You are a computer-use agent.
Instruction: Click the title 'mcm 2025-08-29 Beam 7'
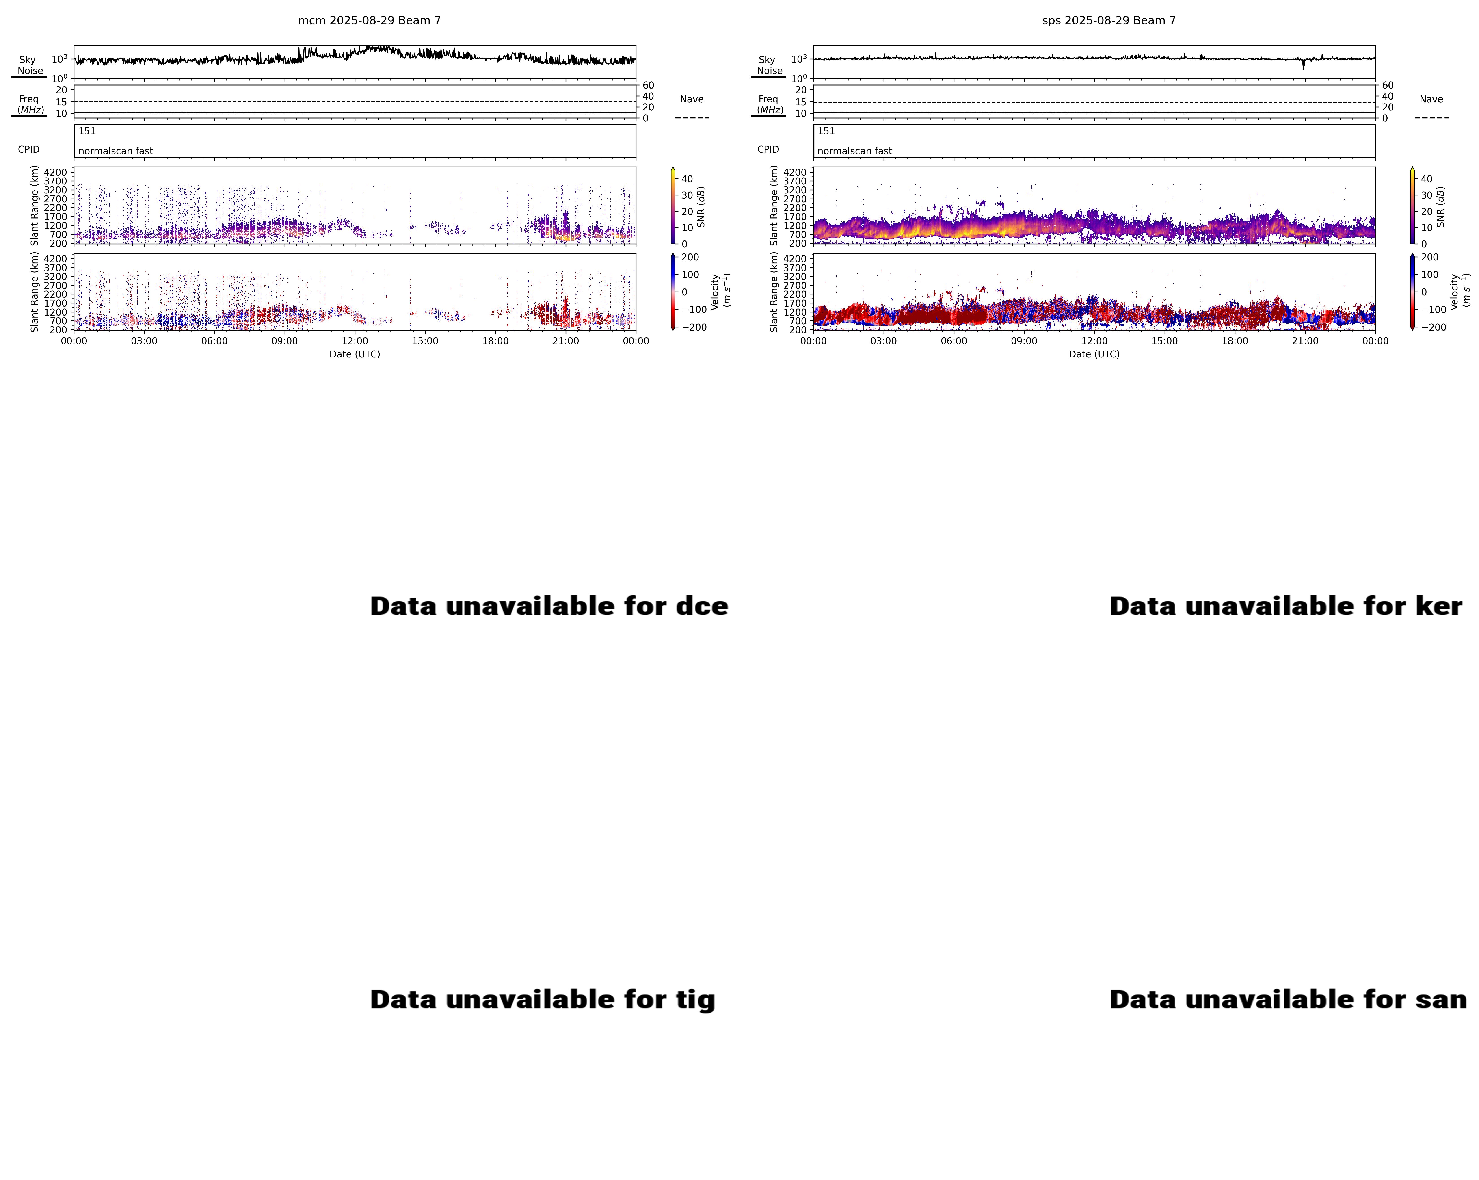click(369, 21)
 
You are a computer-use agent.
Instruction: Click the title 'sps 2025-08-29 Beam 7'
click(1109, 21)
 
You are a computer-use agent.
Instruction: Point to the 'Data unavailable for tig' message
click(542, 1000)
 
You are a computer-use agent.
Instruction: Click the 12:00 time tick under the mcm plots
click(355, 341)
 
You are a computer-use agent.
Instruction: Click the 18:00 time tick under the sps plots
click(1235, 341)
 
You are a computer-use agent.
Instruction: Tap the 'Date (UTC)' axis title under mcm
click(355, 354)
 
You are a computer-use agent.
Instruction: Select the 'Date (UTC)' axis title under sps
click(1094, 354)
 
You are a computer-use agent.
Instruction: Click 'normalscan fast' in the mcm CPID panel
click(115, 151)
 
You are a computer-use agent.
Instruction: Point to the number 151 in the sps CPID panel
click(826, 131)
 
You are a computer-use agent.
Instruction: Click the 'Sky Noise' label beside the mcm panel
click(29, 65)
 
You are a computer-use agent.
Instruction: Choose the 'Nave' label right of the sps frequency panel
click(1431, 100)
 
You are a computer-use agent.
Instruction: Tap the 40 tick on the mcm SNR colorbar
click(687, 179)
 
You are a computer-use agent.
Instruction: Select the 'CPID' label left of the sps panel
click(768, 149)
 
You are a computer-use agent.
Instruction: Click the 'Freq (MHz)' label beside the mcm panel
click(30, 104)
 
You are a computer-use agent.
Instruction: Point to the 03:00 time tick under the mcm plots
click(144, 341)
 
